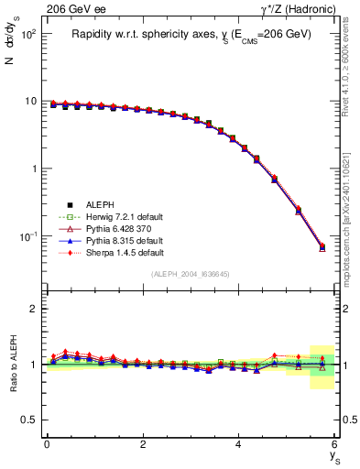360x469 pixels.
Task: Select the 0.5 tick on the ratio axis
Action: tap(30, 420)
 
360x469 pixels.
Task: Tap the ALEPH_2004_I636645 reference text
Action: tap(191, 274)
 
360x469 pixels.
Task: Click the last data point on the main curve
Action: tap(322, 246)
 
